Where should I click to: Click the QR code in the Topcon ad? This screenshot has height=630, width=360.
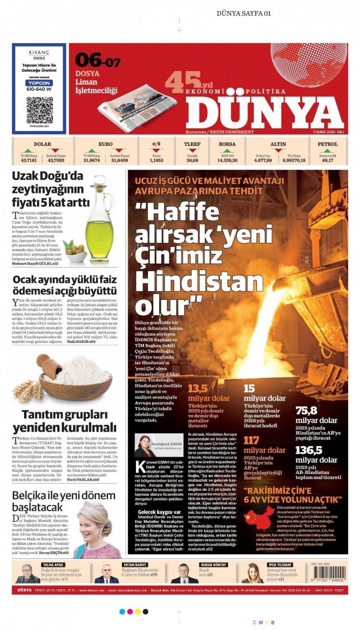click(39, 109)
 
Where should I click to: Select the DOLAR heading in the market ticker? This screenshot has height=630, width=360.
click(43, 144)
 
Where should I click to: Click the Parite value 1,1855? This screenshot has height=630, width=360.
click(156, 160)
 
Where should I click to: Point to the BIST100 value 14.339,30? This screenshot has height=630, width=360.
click(227, 160)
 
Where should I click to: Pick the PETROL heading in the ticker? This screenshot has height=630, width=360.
click(327, 144)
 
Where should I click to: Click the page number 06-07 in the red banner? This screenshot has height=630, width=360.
click(97, 61)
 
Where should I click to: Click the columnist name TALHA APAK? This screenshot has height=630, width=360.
click(53, 565)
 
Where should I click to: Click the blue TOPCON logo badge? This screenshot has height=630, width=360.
click(39, 83)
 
